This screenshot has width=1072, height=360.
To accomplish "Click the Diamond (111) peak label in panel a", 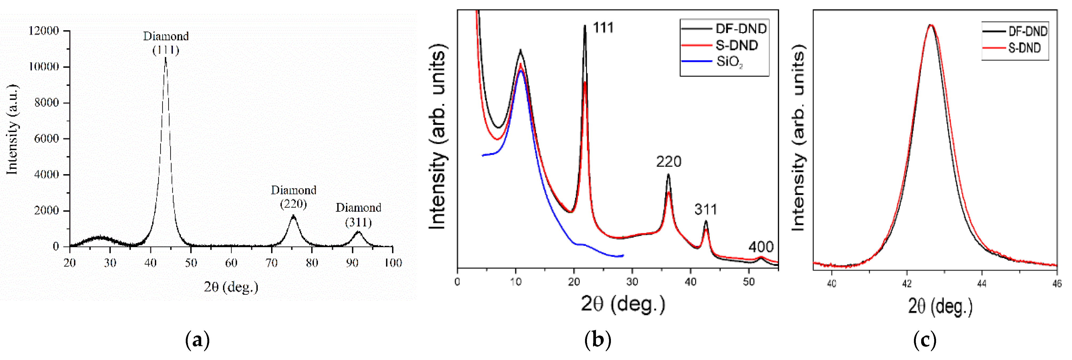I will click(x=166, y=43).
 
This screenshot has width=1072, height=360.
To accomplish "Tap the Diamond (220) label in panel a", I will click(x=293, y=197).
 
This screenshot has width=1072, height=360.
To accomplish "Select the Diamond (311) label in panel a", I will click(x=358, y=214).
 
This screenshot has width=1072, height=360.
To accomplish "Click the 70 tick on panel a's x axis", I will click(x=271, y=263).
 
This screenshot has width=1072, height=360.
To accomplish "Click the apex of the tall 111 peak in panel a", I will click(x=166, y=58).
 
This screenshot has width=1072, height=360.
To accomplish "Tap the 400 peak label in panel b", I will click(x=761, y=247).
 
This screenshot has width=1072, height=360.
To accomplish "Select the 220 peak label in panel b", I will click(x=668, y=162).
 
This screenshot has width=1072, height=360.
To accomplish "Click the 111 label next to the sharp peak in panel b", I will click(x=603, y=28).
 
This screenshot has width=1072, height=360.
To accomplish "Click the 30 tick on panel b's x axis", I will click(x=632, y=282).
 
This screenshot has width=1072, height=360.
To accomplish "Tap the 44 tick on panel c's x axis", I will click(x=982, y=284).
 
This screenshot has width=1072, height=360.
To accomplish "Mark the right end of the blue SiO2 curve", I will click(x=623, y=255).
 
